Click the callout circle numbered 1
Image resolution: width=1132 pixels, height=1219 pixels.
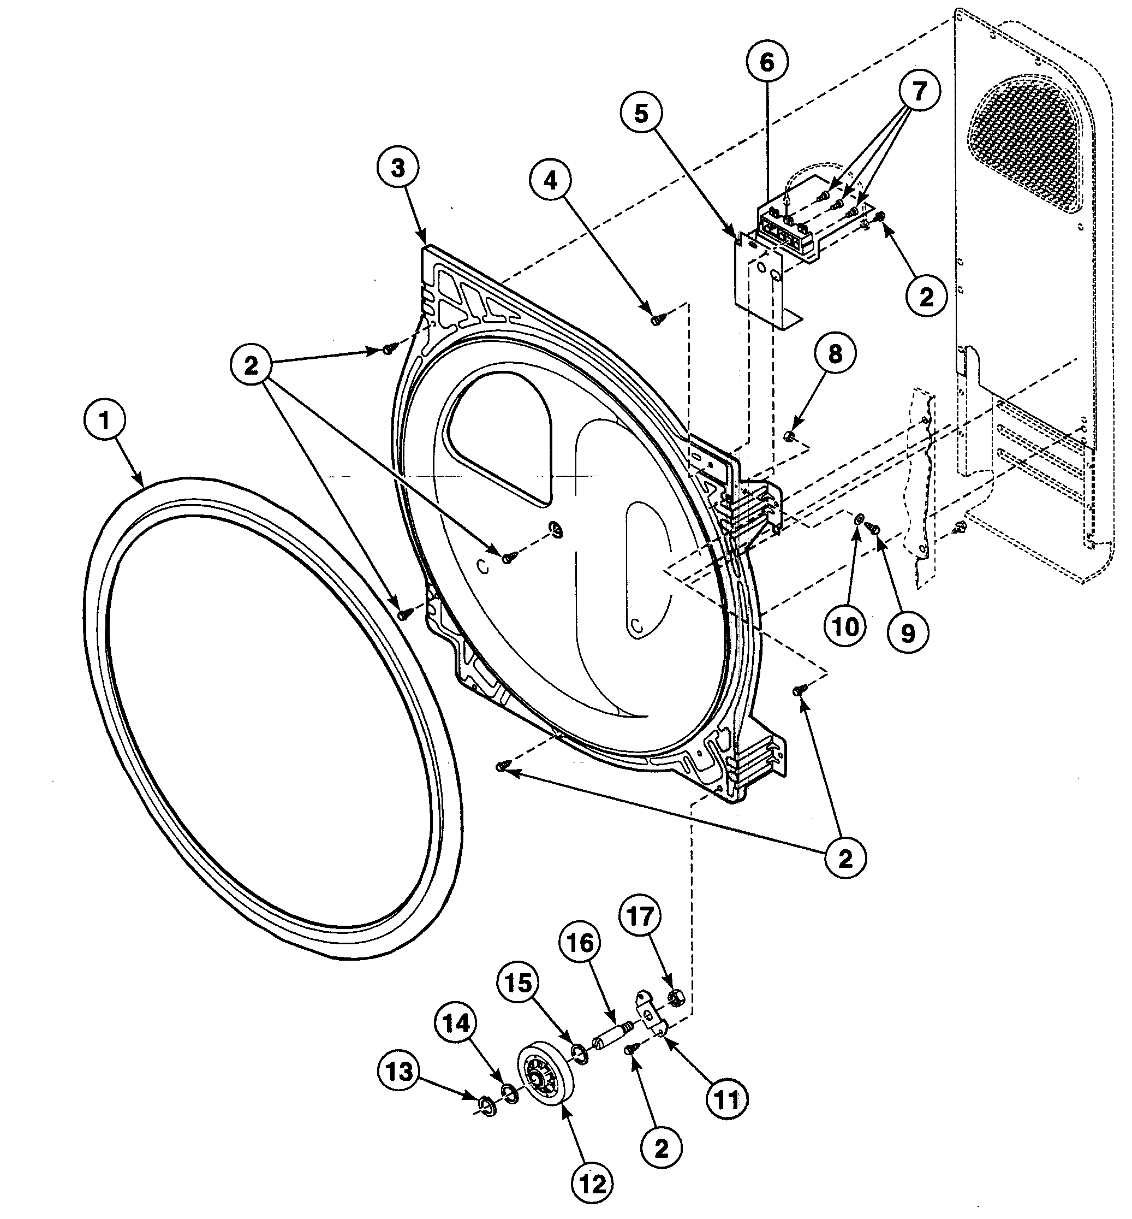(x=105, y=421)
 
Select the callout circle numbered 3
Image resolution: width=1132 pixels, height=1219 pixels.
(x=398, y=167)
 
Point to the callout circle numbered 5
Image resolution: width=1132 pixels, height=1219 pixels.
(x=641, y=114)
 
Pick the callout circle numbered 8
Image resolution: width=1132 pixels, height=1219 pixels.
(x=835, y=354)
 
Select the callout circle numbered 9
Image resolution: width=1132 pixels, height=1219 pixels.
(x=908, y=633)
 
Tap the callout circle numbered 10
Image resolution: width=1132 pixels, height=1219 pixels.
(x=846, y=626)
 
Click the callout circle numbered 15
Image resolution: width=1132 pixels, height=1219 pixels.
(x=518, y=983)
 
